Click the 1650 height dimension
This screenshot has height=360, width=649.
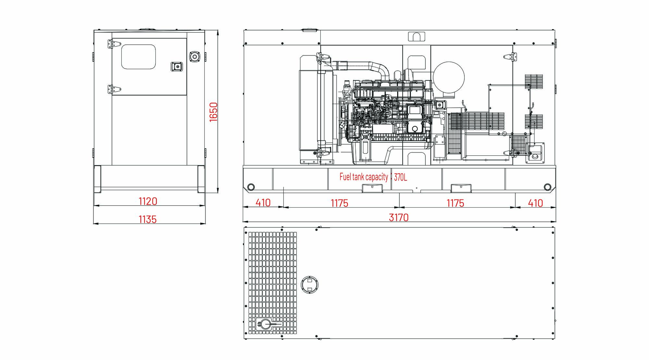point(213,112)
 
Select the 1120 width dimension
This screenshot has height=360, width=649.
point(148,201)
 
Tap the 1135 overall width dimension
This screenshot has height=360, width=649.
point(148,220)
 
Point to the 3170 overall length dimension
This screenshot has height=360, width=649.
point(399,218)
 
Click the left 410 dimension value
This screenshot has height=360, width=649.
point(263,203)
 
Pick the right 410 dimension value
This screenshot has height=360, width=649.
point(535,203)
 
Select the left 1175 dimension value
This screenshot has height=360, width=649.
point(339,203)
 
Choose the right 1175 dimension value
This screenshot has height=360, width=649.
point(456,203)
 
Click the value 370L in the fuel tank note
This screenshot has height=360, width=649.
point(400,177)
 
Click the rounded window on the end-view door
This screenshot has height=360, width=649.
point(139,57)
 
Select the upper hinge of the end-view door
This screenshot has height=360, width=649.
point(114,44)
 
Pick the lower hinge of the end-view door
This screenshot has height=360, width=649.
point(114,89)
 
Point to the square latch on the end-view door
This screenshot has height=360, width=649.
point(177,66)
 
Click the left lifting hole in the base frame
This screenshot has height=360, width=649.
point(251,187)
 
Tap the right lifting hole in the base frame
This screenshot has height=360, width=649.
point(548,187)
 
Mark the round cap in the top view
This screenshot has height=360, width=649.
point(310,284)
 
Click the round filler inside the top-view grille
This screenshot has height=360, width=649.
point(266,325)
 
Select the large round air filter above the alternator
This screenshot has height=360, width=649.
point(449,78)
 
